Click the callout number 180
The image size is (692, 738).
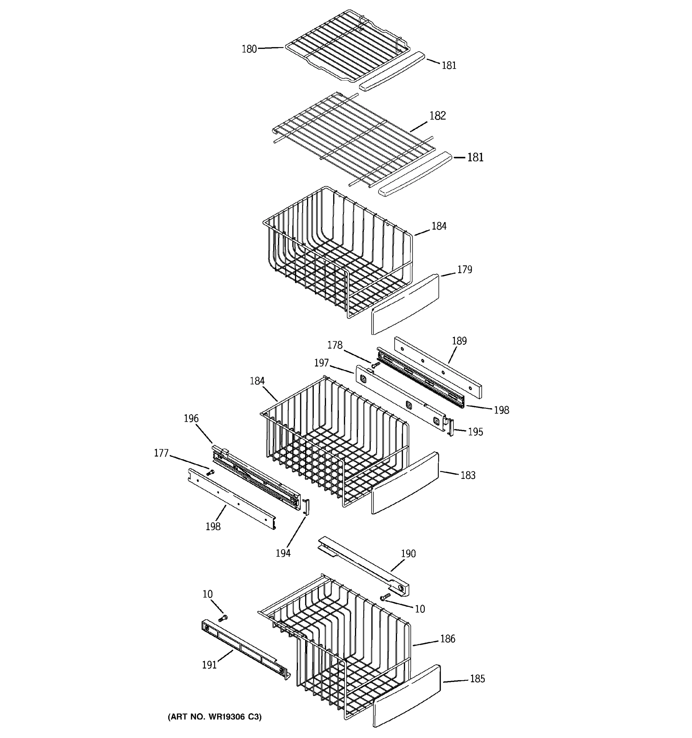249,49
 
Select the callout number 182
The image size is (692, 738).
437,116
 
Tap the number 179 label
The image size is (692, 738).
464,269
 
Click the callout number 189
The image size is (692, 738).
459,341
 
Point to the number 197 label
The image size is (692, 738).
321,363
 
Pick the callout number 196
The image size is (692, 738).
191,419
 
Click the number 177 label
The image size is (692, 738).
161,453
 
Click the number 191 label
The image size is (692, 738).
209,665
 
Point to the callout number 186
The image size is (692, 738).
448,639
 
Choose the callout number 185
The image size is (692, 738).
477,679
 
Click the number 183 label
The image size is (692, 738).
468,475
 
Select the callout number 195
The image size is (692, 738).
475,432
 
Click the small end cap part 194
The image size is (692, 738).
307,507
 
